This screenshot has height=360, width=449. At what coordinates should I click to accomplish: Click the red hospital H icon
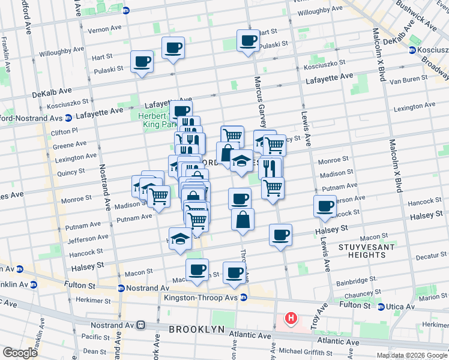tap(291, 318)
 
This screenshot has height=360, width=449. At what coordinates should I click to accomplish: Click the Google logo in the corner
tap(20, 352)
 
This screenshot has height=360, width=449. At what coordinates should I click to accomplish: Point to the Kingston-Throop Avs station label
tap(201, 298)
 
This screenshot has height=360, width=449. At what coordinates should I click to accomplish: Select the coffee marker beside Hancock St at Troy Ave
tap(325, 206)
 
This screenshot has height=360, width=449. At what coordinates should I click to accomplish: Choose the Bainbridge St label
tap(357, 280)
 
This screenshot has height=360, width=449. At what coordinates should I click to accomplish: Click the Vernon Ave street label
tap(104, 29)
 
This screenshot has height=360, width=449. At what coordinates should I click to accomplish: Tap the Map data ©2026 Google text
tap(411, 355)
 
